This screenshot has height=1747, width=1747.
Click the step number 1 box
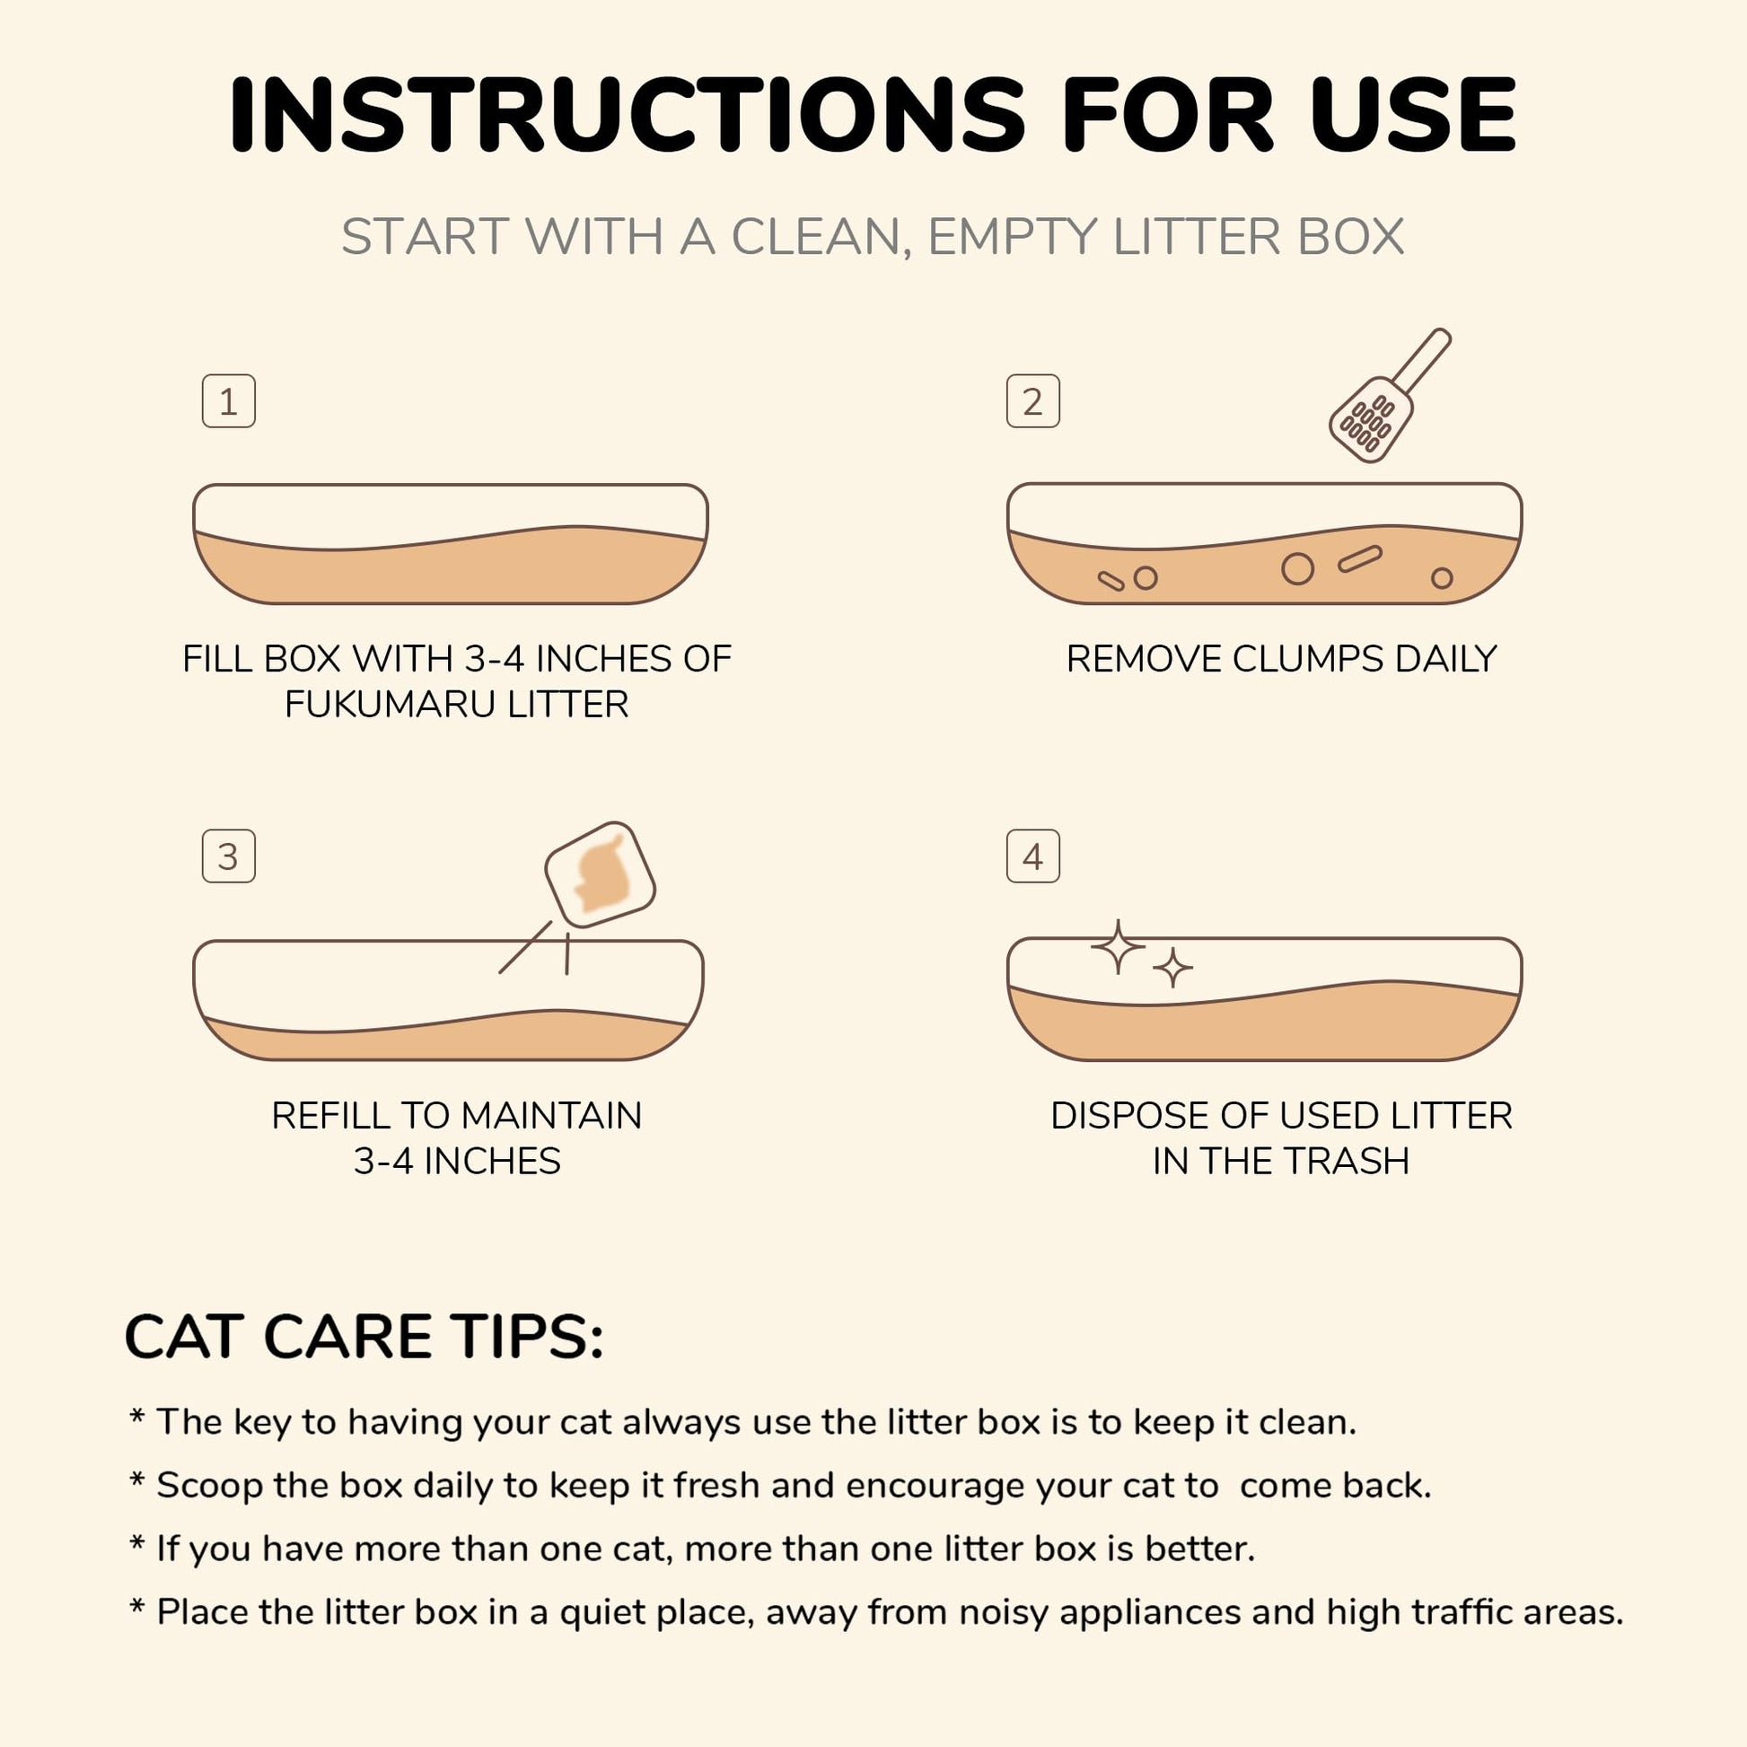[x=228, y=400]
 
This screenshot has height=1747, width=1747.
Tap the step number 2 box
[x=1032, y=400]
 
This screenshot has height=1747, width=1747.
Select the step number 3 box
[x=228, y=856]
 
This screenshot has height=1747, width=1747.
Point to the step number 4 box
[x=1032, y=856]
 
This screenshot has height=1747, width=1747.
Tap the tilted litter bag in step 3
[x=600, y=874]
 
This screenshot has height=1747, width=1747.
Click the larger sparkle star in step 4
[x=1119, y=947]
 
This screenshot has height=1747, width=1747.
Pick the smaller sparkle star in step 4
[x=1172, y=969]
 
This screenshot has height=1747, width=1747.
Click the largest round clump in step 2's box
[x=1297, y=568]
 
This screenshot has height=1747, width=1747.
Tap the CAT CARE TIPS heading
[x=364, y=1337]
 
